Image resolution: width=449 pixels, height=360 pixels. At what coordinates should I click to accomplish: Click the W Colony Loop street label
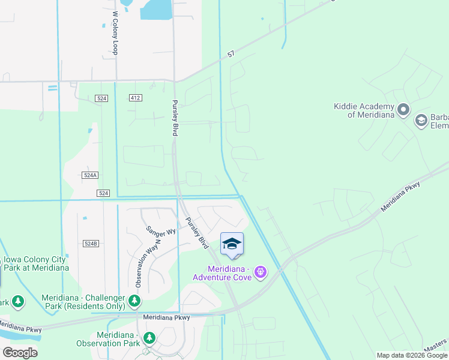tap(115, 32)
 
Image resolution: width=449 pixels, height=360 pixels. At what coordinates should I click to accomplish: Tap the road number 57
tap(231, 55)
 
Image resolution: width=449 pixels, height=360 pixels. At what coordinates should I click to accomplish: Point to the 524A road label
tap(89, 175)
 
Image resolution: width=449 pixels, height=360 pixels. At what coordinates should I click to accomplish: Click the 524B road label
tap(90, 244)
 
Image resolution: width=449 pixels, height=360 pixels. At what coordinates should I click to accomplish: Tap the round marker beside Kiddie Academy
tap(403, 110)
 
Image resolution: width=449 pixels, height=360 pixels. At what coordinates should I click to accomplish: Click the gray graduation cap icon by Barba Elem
tap(421, 121)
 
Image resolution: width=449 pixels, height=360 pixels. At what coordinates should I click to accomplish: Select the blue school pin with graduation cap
tap(232, 244)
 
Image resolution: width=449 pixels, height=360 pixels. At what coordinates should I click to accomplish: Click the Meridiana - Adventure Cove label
tap(220, 273)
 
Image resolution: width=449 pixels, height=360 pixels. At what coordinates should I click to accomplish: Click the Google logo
tap(20, 353)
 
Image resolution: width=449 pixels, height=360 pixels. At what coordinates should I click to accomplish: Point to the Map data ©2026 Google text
tap(412, 355)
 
